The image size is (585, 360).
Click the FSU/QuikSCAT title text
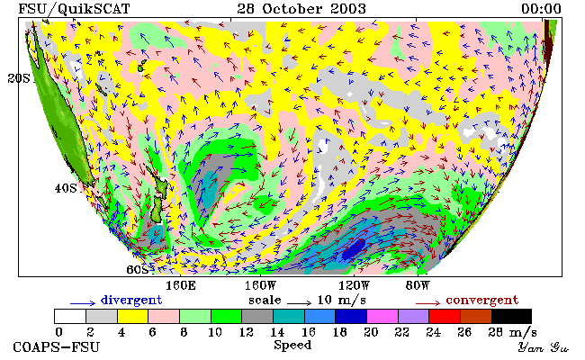[x=74, y=8]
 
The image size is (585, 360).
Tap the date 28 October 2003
[x=301, y=8]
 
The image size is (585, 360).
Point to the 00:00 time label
[x=541, y=8]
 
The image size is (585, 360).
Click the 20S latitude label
[x=19, y=78]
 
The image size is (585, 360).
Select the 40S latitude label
[x=66, y=188]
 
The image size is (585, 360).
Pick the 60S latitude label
[x=138, y=269]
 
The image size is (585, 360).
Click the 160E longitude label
[x=181, y=286]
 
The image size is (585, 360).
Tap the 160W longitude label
[x=260, y=286]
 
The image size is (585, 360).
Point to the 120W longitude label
[x=354, y=286]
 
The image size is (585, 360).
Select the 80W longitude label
[x=418, y=286]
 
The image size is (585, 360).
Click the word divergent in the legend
[x=131, y=300]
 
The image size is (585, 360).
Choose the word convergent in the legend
[x=482, y=300]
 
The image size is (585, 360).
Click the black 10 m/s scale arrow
[x=299, y=303]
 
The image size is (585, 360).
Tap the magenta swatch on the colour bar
[x=382, y=317]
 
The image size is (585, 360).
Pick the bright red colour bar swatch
[x=445, y=317]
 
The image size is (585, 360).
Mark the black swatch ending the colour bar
[x=511, y=317]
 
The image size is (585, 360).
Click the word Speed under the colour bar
[x=292, y=346]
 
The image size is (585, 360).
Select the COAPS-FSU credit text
[x=57, y=346]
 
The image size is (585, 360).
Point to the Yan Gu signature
[x=543, y=348]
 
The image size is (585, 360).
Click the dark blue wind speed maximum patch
[x=354, y=248]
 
